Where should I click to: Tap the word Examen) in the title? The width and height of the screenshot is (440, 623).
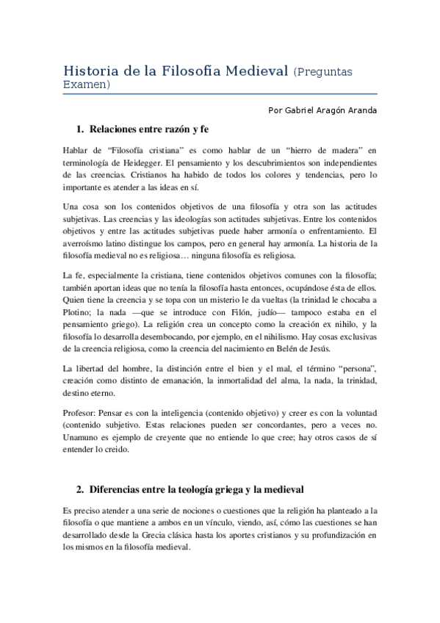[x=87, y=85]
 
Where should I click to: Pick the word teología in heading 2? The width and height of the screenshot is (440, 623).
[x=187, y=489]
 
